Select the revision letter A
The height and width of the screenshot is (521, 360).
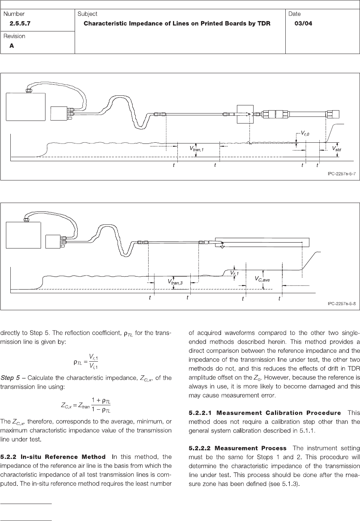[x=12, y=46]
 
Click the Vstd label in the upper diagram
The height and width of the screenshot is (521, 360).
[x=336, y=149]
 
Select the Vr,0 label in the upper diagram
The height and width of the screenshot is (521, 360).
[x=305, y=133]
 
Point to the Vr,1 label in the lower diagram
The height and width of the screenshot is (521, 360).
[x=235, y=273]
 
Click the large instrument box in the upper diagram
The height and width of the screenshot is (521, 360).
[x=26, y=106]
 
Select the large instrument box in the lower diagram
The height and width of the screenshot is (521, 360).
[x=24, y=235]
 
